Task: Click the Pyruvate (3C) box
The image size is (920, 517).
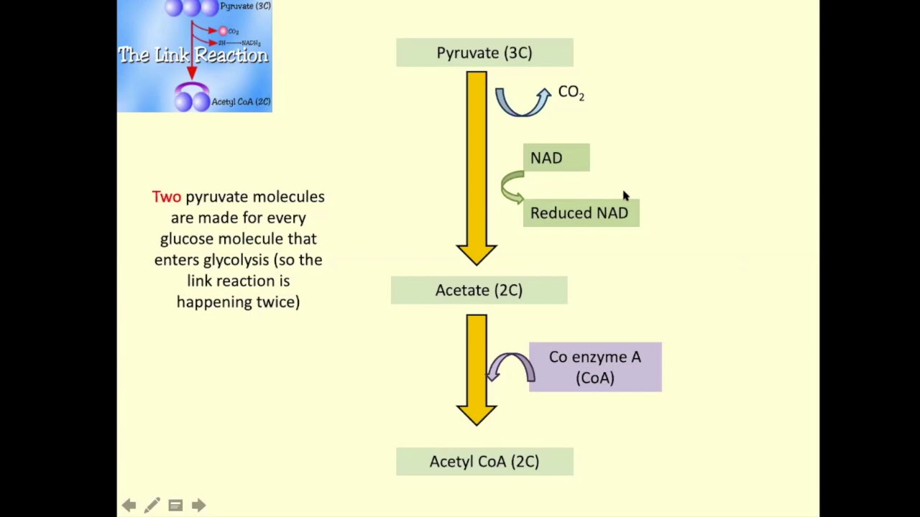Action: point(484,53)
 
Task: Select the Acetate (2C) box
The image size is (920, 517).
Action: point(479,290)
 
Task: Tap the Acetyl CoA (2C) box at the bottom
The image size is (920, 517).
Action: point(484,462)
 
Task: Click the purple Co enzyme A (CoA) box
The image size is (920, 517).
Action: point(595,367)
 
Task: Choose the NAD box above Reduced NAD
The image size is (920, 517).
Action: point(556,158)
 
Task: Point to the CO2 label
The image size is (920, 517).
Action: point(571,93)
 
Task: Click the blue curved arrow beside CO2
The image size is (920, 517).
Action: point(523,102)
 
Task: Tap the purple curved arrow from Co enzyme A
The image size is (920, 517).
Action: point(511,366)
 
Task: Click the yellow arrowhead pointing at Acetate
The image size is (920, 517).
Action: point(476,253)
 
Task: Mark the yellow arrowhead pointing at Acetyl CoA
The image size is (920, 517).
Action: point(476,414)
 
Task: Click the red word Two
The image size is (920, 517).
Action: point(167,197)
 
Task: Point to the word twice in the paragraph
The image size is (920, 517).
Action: point(277,302)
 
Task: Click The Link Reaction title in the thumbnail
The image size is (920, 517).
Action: point(193,55)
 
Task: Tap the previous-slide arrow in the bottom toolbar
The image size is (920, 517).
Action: point(129,506)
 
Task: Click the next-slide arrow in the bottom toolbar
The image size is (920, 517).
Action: point(198,506)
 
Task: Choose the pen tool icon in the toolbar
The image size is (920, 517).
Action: point(152,506)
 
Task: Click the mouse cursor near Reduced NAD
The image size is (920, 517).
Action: point(625,196)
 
